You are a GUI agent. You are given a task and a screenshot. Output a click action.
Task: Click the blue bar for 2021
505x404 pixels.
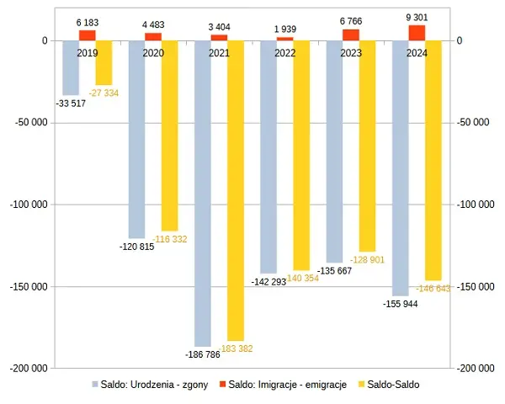203,193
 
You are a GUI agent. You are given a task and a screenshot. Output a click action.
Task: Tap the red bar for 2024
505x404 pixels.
417,33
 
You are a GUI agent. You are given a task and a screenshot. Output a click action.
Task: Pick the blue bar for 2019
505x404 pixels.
71,67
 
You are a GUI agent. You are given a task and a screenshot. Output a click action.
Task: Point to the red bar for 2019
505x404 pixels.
88,35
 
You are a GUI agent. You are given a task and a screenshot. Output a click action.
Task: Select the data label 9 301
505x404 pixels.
417,17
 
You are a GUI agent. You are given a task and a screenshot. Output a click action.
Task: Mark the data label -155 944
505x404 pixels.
399,304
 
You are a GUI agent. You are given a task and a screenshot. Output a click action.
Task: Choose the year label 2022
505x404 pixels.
285,53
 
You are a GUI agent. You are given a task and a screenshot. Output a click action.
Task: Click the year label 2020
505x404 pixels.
153,53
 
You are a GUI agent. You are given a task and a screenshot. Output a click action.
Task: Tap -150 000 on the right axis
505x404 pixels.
472,286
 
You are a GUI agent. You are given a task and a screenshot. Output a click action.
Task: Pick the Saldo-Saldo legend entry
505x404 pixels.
388,385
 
